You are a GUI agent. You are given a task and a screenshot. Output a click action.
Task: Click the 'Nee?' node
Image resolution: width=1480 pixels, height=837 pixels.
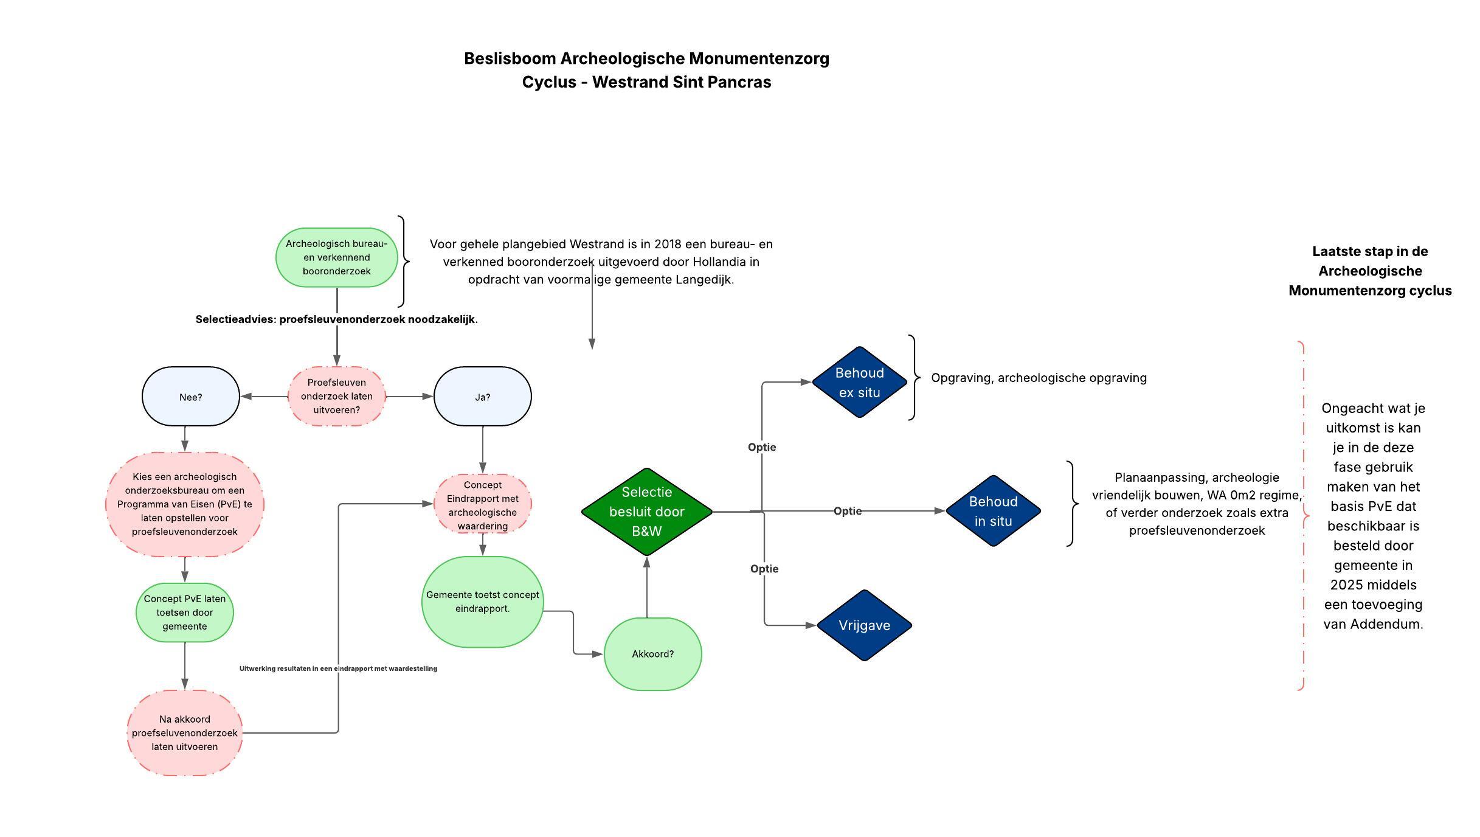[x=190, y=397]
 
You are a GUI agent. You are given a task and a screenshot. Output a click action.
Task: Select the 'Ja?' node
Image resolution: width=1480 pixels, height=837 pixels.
[x=482, y=397]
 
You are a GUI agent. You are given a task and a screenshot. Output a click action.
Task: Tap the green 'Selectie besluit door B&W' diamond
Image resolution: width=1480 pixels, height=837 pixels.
[x=646, y=512]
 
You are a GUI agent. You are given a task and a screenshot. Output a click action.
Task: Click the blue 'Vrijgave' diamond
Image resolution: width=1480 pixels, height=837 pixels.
[x=864, y=625]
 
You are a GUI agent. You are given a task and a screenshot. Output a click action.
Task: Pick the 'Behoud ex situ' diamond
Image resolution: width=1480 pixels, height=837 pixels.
[x=859, y=383]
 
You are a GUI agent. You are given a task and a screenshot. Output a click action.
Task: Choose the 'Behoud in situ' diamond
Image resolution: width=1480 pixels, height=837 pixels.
[x=993, y=511]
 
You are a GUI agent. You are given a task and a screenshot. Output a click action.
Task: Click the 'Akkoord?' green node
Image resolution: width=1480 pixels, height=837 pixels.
[x=652, y=654]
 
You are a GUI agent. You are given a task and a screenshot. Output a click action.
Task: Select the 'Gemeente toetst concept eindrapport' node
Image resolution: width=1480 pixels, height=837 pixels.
[x=482, y=602]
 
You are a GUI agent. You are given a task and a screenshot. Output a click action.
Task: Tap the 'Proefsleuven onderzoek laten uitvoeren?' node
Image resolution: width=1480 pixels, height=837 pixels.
[x=336, y=396]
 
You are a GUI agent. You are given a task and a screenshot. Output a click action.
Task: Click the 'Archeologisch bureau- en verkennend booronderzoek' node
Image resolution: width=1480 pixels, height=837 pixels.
[x=336, y=257]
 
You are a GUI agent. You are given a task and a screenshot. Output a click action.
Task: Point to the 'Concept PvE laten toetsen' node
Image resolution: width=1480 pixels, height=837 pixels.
[x=184, y=613]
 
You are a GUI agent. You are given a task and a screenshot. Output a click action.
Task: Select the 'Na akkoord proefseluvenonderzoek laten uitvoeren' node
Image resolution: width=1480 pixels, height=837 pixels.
[x=184, y=733]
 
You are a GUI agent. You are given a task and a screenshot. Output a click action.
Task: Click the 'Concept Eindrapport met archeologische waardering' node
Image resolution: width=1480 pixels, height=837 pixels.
[x=482, y=505]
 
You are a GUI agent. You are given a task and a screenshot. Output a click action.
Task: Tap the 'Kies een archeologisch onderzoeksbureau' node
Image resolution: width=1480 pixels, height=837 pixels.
[x=184, y=504]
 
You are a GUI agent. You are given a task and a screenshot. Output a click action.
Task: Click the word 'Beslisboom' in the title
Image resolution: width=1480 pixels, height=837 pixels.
[x=510, y=59]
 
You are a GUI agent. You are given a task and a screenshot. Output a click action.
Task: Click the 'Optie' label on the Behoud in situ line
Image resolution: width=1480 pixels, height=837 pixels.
[x=847, y=511]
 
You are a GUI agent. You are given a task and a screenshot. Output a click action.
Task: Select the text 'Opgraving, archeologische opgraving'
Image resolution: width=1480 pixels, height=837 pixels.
[x=1039, y=378]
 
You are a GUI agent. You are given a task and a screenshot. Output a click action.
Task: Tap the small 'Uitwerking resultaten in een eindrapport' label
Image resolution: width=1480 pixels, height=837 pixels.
[x=338, y=669]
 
